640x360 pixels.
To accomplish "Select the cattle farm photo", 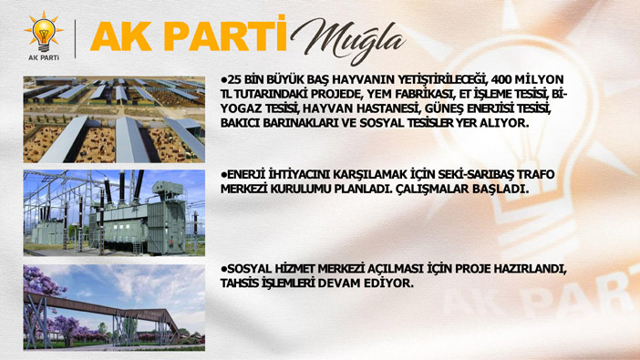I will coord(114,119).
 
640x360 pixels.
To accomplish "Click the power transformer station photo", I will coord(114,213).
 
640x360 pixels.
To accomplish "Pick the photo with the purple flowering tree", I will coord(114,308).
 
